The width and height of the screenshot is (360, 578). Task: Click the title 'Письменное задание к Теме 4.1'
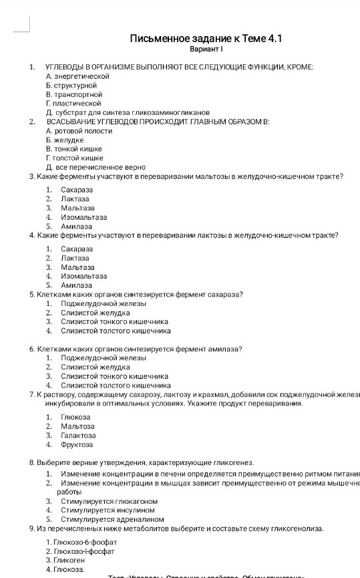[x=206, y=39]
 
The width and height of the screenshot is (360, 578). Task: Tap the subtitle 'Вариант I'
[x=206, y=50]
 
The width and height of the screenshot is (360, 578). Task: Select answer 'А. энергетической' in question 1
[x=77, y=77]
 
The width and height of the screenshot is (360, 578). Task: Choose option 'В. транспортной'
[x=73, y=95]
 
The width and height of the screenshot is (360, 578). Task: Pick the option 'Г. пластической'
[x=73, y=104]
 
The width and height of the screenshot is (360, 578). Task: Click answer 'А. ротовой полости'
[x=79, y=131]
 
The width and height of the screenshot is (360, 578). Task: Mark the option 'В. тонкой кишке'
[x=74, y=149]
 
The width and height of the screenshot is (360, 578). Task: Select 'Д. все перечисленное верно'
[x=96, y=167]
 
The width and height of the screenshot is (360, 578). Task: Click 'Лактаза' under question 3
[x=75, y=199]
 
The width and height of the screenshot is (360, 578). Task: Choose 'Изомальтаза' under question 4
[x=83, y=275]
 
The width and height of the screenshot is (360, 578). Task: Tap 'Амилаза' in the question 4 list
[x=76, y=285]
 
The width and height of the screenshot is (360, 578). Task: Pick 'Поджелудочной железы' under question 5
[x=104, y=303]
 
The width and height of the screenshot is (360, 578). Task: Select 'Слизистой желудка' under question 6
[x=96, y=367]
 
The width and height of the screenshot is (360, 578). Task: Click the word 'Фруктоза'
[x=77, y=444]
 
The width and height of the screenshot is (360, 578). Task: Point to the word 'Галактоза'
[x=78, y=435]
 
